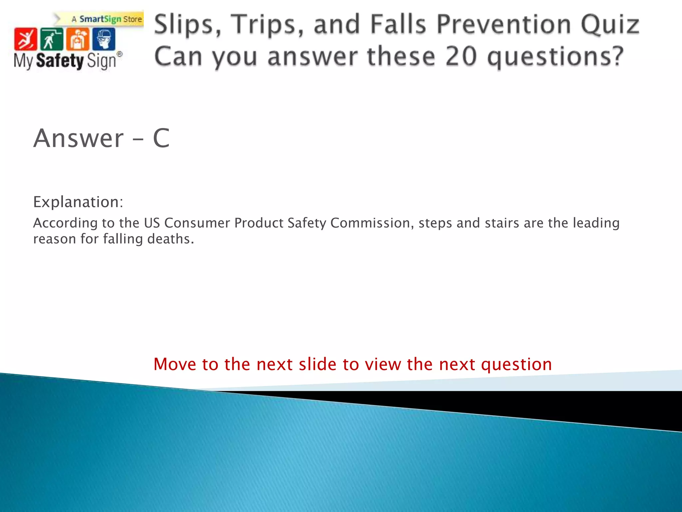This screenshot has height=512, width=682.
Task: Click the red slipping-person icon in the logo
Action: click(25, 39)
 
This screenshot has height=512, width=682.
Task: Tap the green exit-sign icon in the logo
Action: click(51, 39)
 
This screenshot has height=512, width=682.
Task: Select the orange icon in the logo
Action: click(78, 39)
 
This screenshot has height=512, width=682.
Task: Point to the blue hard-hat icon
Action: click(104, 39)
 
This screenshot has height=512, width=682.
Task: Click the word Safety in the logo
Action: click(60, 61)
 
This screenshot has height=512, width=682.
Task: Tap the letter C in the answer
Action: click(161, 138)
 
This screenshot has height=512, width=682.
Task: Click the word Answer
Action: click(79, 138)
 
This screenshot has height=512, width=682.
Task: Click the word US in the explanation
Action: click(152, 223)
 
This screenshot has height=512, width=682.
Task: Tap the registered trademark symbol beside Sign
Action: click(119, 54)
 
